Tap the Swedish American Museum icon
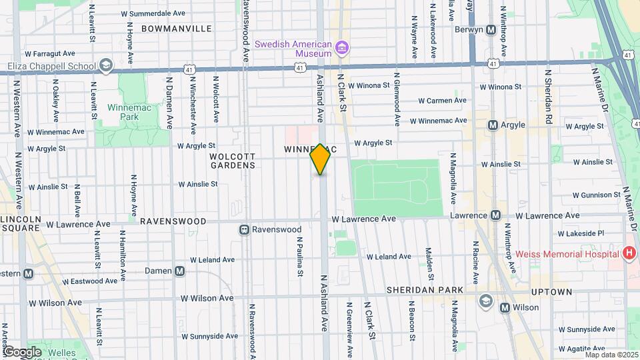click(343, 47)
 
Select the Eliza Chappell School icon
click(106, 66)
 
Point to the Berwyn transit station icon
click(491, 29)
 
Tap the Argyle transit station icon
click(493, 125)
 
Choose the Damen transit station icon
click(180, 271)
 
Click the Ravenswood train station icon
click(245, 229)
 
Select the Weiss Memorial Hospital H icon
click(627, 253)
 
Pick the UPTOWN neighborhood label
click(551, 292)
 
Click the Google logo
click(22, 351)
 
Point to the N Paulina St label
click(300, 256)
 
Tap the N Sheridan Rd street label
click(549, 97)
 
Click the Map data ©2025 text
click(611, 354)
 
